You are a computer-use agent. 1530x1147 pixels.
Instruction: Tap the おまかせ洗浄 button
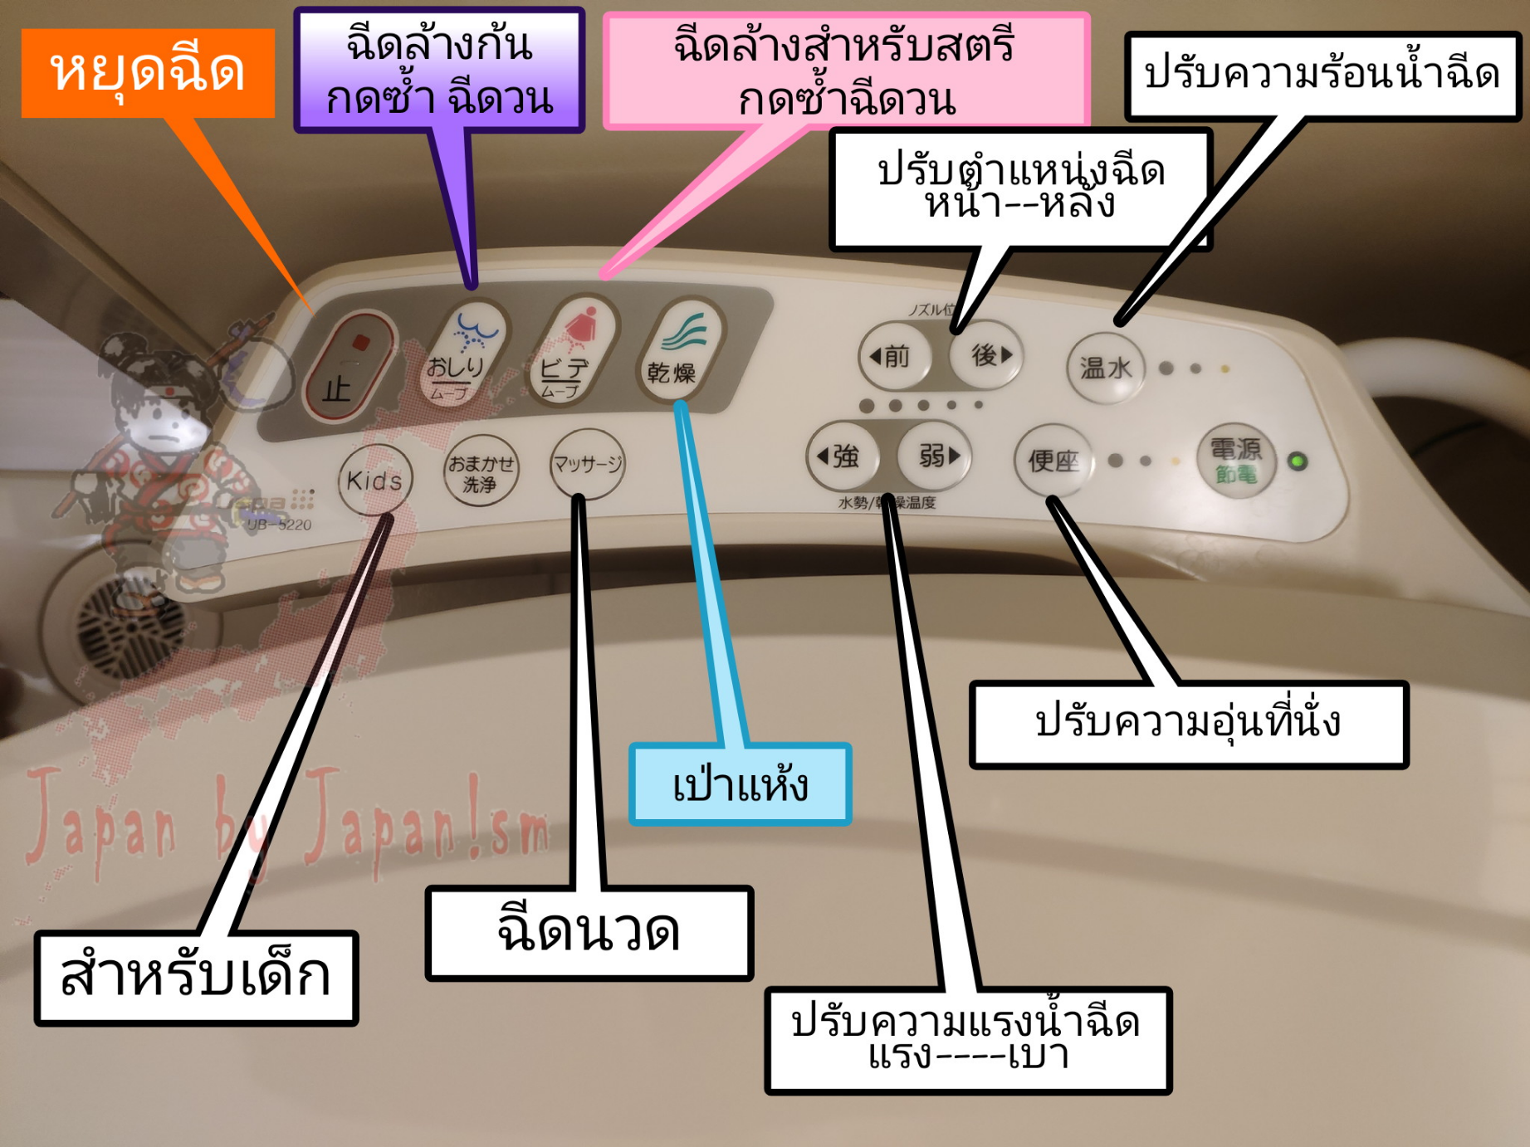[481, 471]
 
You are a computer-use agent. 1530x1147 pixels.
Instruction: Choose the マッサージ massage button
[587, 463]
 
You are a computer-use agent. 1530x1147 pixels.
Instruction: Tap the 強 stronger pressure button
[842, 456]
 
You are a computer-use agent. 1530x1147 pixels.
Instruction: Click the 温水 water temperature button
[1105, 368]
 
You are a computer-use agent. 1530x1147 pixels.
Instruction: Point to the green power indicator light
[1298, 461]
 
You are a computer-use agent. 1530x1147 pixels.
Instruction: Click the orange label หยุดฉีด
[148, 72]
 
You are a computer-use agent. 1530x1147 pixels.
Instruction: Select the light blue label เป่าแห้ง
[740, 784]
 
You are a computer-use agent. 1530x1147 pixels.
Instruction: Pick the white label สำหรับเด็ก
[196, 977]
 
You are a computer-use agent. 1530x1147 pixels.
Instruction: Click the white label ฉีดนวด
[589, 932]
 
